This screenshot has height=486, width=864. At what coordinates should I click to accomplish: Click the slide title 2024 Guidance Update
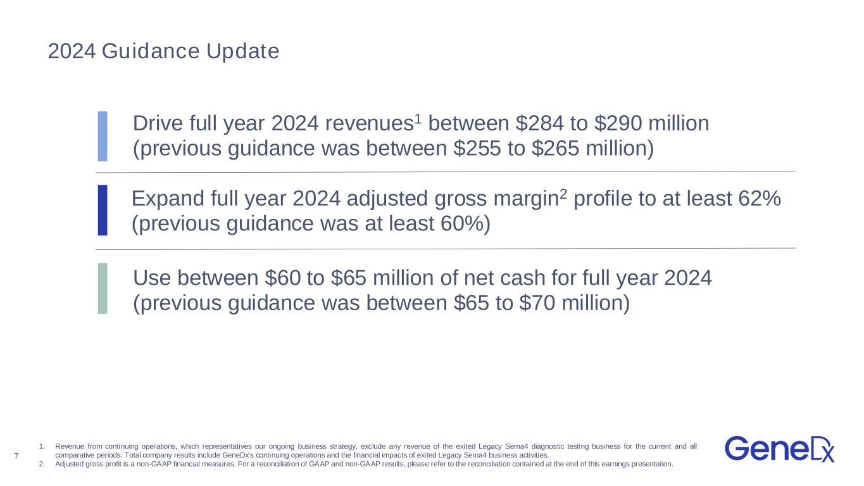tap(163, 51)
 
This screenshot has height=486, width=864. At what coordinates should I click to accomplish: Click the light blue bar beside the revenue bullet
tap(103, 136)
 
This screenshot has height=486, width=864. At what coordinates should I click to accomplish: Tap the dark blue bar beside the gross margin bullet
tap(103, 210)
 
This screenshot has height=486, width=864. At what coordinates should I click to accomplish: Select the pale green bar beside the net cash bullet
tap(103, 289)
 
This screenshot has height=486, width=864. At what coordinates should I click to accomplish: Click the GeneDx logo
tap(780, 449)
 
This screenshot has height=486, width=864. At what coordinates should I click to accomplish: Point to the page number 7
tap(16, 456)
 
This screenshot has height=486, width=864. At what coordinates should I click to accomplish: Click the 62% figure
tap(760, 199)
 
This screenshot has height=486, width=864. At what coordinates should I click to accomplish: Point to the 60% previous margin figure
tap(462, 224)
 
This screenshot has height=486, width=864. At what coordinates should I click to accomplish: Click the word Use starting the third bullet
tap(152, 278)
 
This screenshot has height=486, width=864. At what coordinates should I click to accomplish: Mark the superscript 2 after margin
tap(563, 194)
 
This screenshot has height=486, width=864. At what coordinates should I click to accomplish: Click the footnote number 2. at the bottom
tap(42, 464)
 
